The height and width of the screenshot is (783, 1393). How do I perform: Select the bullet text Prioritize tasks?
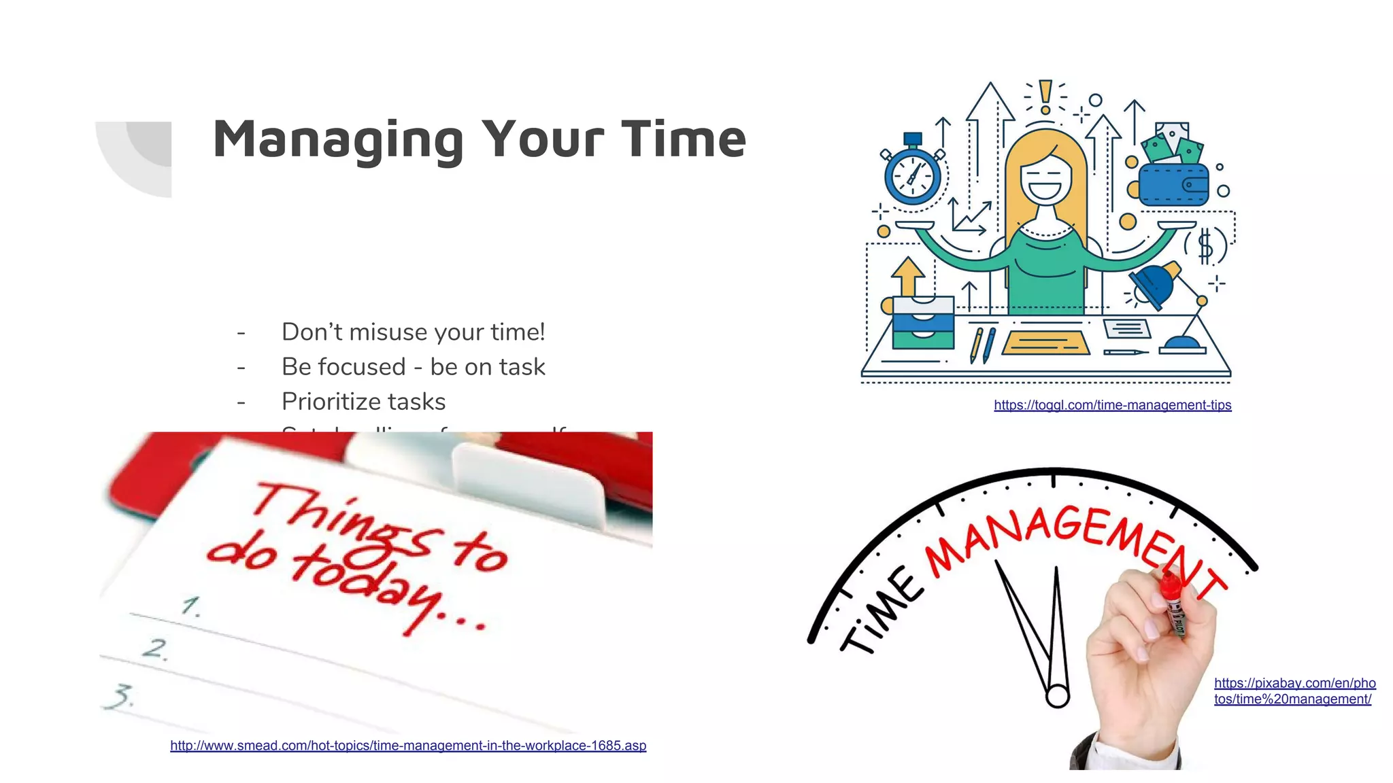coord(363,402)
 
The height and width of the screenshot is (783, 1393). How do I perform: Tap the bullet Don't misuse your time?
coord(413,332)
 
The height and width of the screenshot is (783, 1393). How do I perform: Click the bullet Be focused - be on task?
coord(413,367)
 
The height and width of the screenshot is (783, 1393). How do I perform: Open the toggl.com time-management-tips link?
coord(1112,405)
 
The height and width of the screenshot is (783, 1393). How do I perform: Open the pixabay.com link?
coord(1294,691)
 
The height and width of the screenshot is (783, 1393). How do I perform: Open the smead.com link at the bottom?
coord(408,746)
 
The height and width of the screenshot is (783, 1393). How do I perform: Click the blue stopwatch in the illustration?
coord(912,176)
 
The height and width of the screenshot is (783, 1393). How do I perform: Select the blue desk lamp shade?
coord(1154,284)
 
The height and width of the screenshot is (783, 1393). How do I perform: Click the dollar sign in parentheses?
coord(1205,245)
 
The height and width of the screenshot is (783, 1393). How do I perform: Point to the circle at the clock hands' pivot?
coord(1057,697)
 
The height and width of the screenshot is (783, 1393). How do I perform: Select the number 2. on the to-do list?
coord(156,648)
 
